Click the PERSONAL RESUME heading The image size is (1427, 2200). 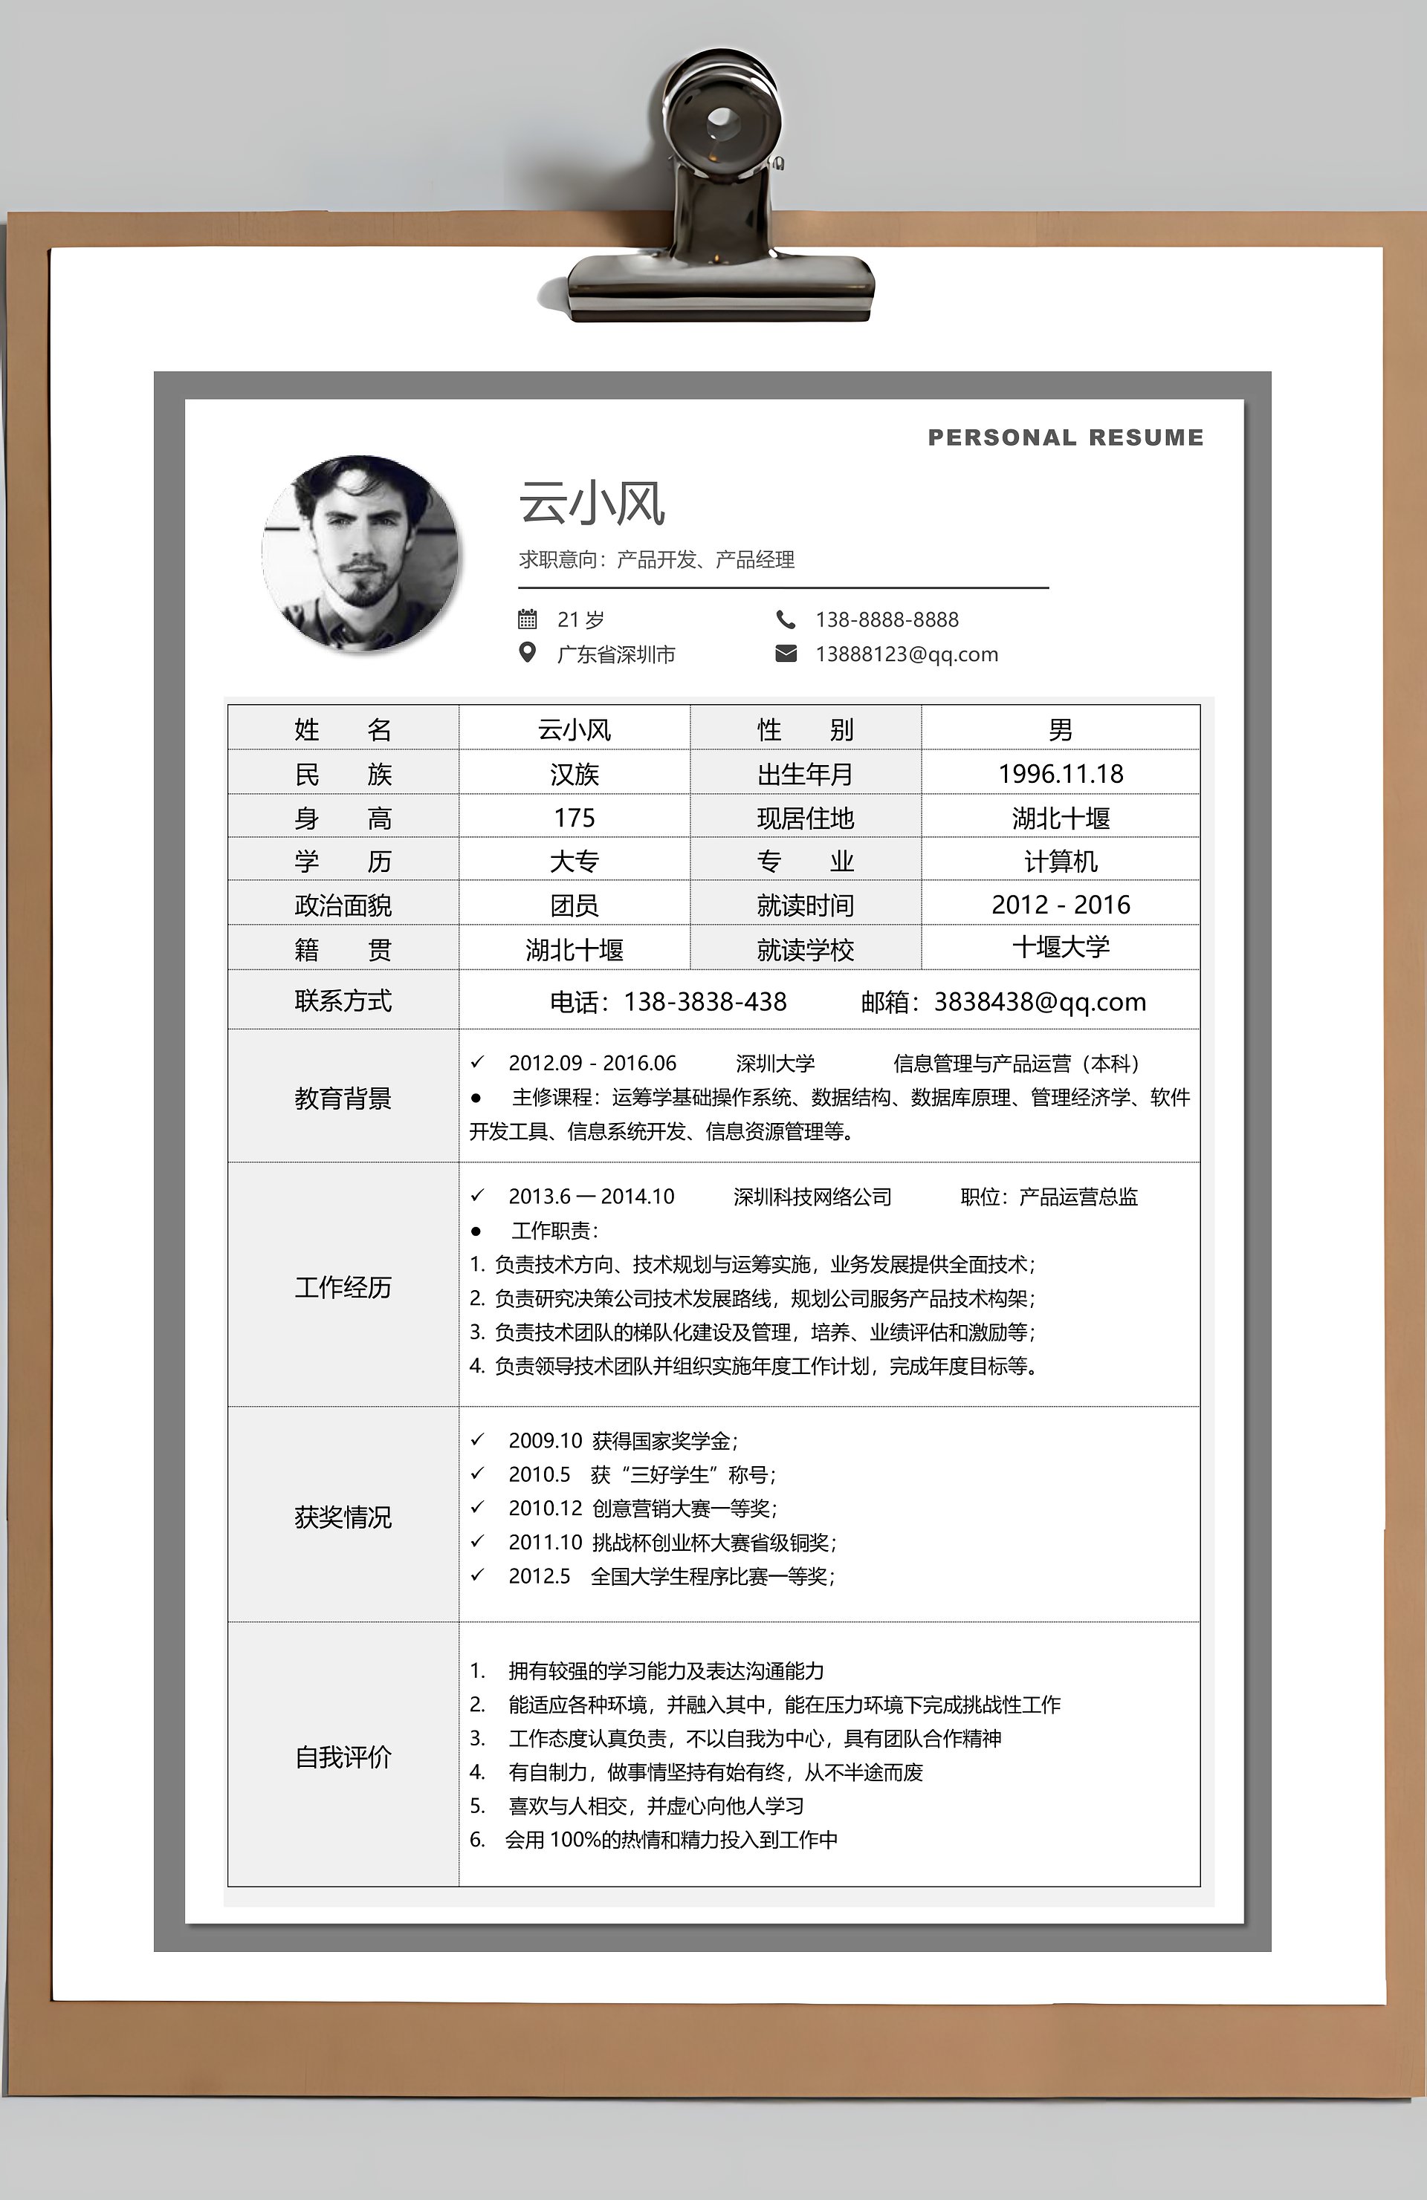(1065, 437)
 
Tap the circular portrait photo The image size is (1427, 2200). (360, 553)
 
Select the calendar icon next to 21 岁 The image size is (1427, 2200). (527, 619)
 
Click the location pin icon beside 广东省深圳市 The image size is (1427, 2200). (527, 653)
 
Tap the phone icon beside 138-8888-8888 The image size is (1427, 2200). (785, 619)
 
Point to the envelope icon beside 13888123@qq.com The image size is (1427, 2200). (785, 654)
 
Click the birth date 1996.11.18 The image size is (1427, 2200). (1060, 774)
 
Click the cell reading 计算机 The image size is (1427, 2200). (1060, 861)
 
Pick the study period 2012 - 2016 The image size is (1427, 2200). (1060, 904)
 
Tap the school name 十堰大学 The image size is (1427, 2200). (1060, 946)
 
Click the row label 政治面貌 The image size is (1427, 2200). (343, 905)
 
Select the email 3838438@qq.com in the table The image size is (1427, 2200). (1040, 1001)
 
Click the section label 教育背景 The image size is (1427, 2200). (343, 1099)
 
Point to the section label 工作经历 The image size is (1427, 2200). (343, 1286)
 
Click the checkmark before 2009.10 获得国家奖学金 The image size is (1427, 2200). (477, 1439)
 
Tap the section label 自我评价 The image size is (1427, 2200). (343, 1757)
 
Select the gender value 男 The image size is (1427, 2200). (1060, 729)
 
